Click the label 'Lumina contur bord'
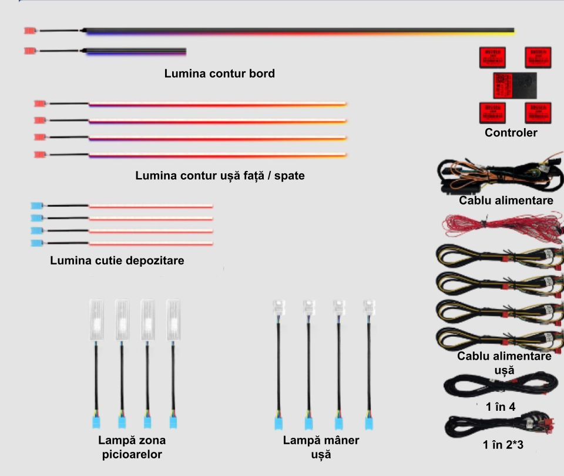[220, 74]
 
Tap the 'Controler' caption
[511, 133]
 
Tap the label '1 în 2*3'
[503, 445]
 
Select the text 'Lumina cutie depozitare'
[117, 260]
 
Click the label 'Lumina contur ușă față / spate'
[220, 176]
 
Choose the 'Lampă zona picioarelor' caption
[132, 447]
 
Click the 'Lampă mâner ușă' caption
[321, 447]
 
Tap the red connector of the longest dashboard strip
[30, 31]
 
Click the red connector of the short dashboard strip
[30, 51]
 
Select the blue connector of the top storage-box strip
[36, 206]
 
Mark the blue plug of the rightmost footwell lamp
[174, 421]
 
